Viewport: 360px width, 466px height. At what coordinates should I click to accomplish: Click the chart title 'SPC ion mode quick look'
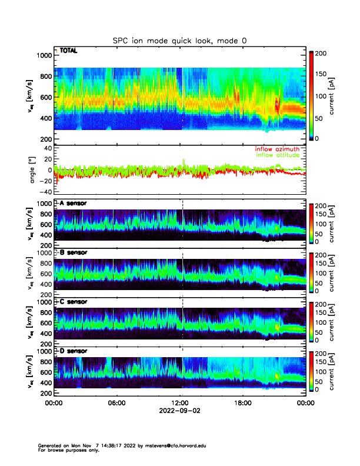pyautogui.click(x=179, y=41)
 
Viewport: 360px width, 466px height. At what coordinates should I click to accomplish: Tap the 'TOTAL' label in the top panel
pyautogui.click(x=68, y=51)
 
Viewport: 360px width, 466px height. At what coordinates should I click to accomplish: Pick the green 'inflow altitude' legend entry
pyautogui.click(x=280, y=155)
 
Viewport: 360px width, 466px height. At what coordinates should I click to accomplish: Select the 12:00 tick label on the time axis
pyautogui.click(x=181, y=403)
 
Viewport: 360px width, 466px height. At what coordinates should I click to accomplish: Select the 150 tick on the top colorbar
pyautogui.click(x=322, y=75)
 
